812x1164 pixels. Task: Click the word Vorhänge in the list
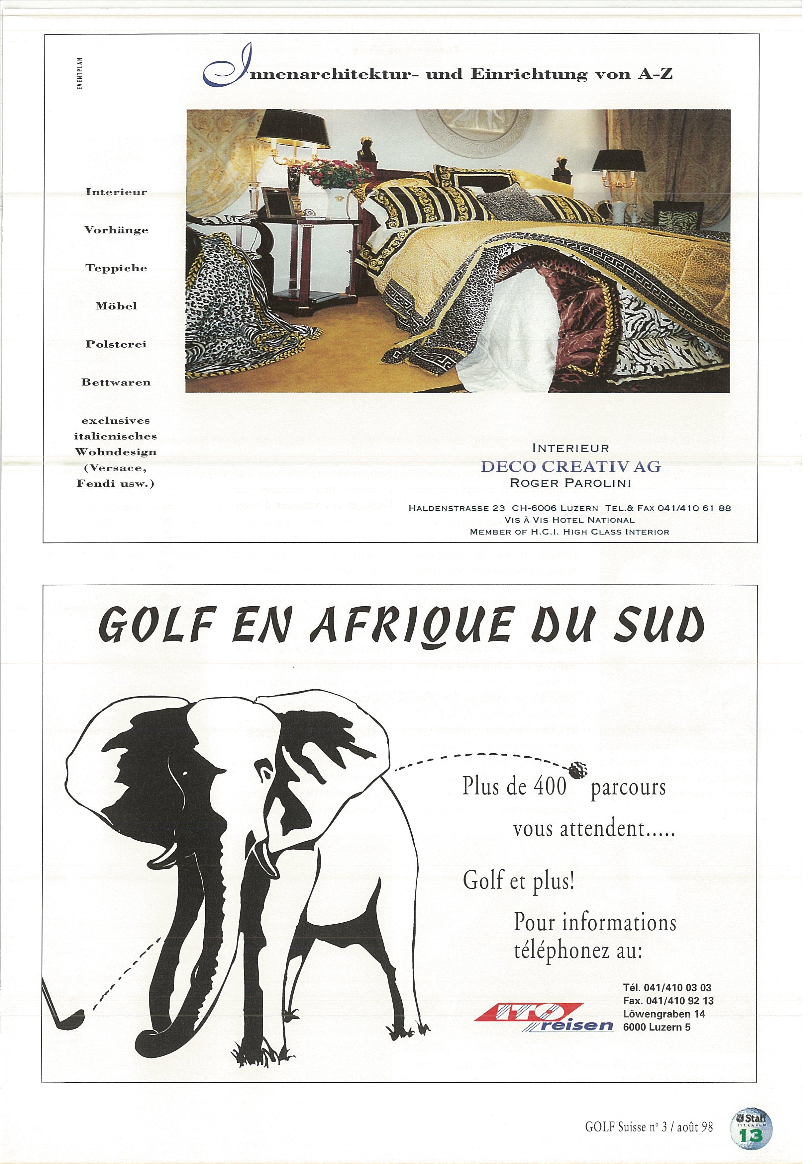(116, 230)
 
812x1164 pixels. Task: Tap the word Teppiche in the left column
(116, 268)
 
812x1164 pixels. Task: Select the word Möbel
(116, 306)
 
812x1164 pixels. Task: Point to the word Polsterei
(116, 344)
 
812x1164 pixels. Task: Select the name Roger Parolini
(570, 483)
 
